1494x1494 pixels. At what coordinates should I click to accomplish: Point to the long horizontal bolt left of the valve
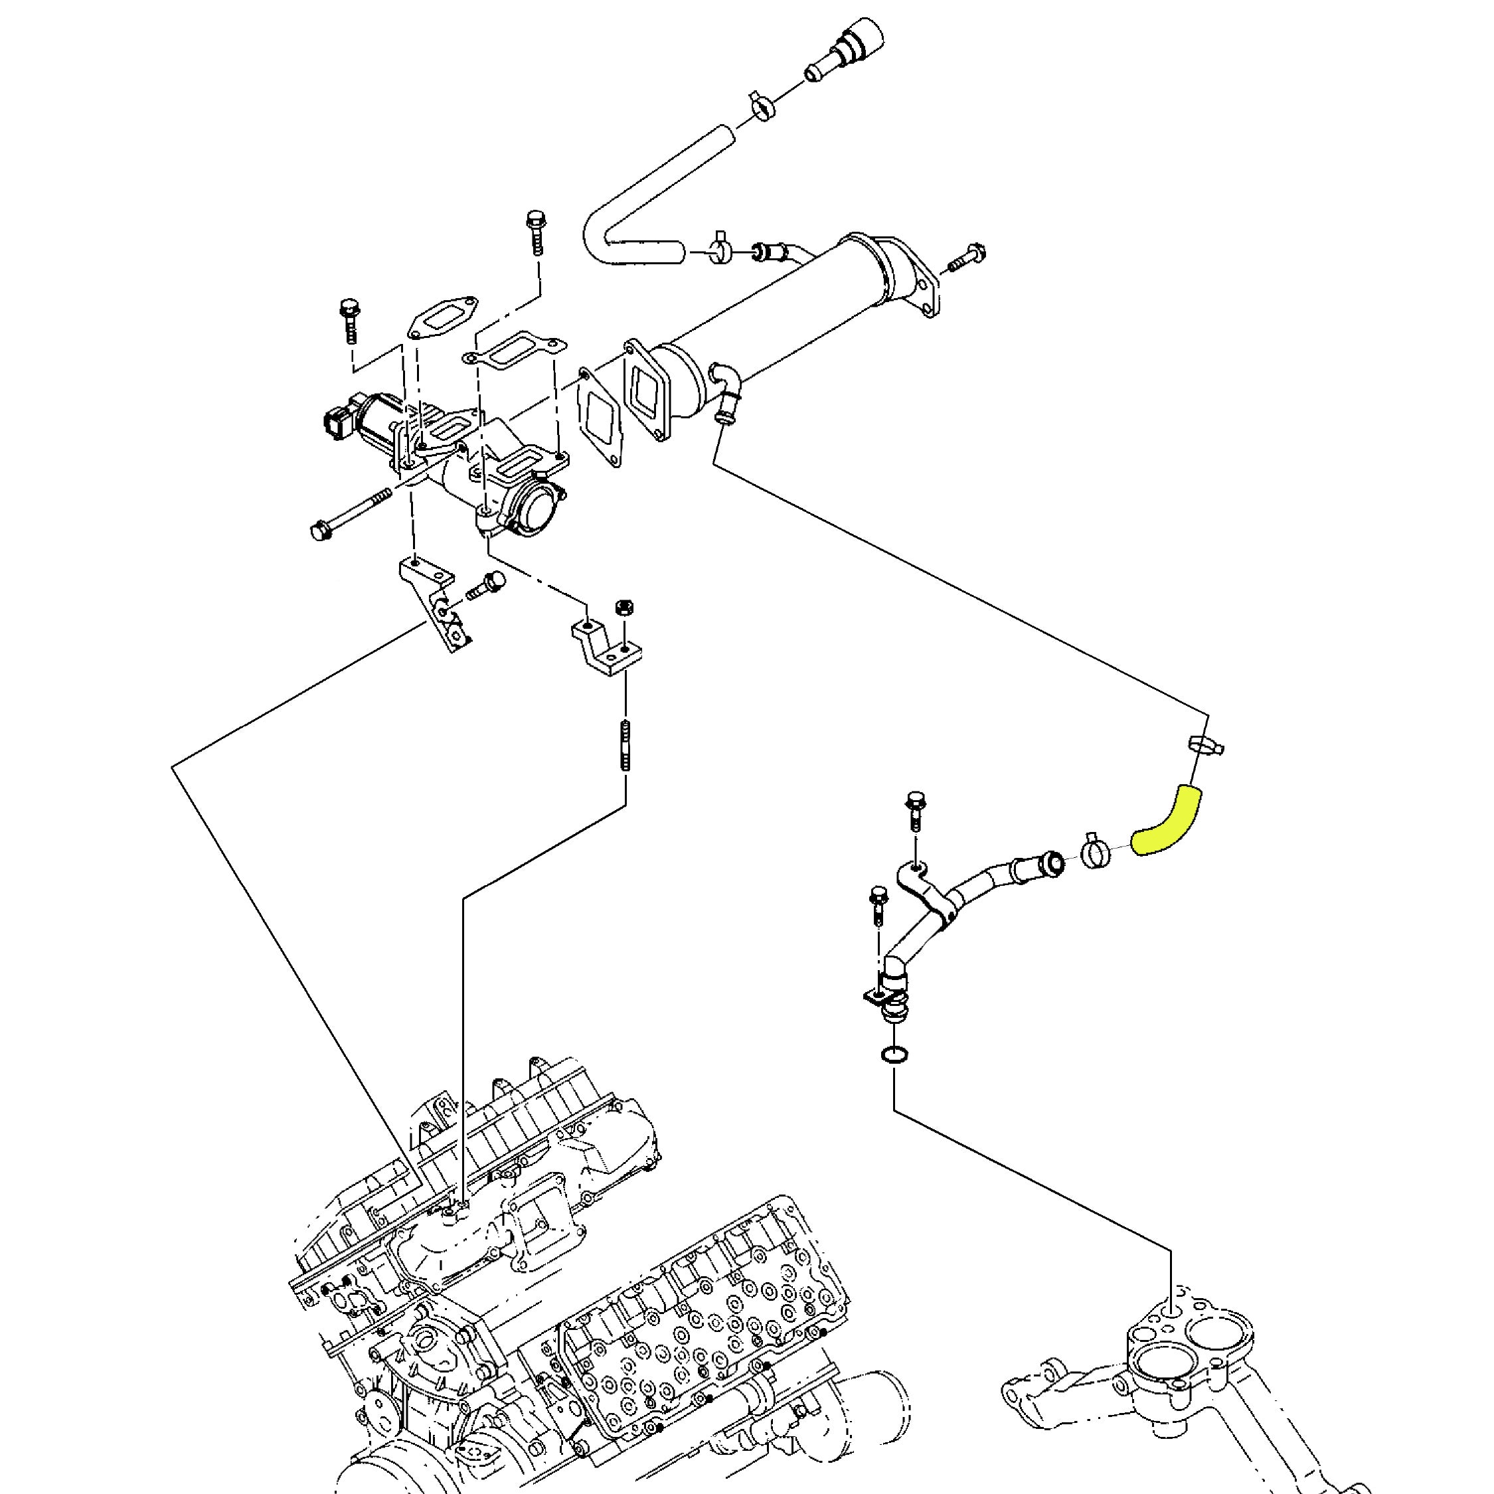tap(351, 513)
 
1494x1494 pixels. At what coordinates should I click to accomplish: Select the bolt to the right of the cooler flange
tap(968, 257)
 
